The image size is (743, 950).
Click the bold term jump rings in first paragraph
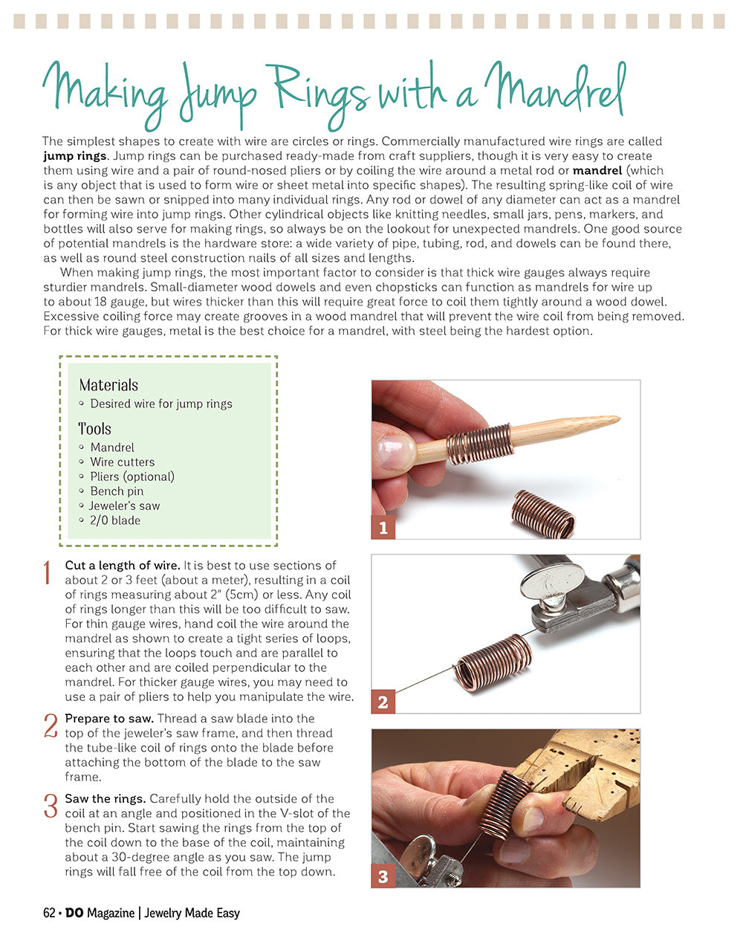pyautogui.click(x=75, y=156)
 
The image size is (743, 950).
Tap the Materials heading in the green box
pyautogui.click(x=108, y=385)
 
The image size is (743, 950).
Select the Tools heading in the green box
pyautogui.click(x=94, y=429)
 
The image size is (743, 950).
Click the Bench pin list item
pyautogui.click(x=117, y=491)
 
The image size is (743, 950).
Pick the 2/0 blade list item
pyautogui.click(x=115, y=520)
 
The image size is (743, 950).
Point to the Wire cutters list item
pyautogui.click(x=122, y=462)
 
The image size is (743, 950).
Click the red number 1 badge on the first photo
pyautogui.click(x=383, y=528)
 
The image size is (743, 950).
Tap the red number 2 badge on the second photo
pyautogui.click(x=383, y=702)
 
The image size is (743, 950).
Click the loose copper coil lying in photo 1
pyautogui.click(x=544, y=514)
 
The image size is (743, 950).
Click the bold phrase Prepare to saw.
pyautogui.click(x=109, y=719)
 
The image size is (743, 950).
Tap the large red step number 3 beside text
pyautogui.click(x=51, y=807)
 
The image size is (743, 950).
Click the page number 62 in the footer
pyautogui.click(x=49, y=913)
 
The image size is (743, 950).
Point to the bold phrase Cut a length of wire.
pyautogui.click(x=122, y=566)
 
